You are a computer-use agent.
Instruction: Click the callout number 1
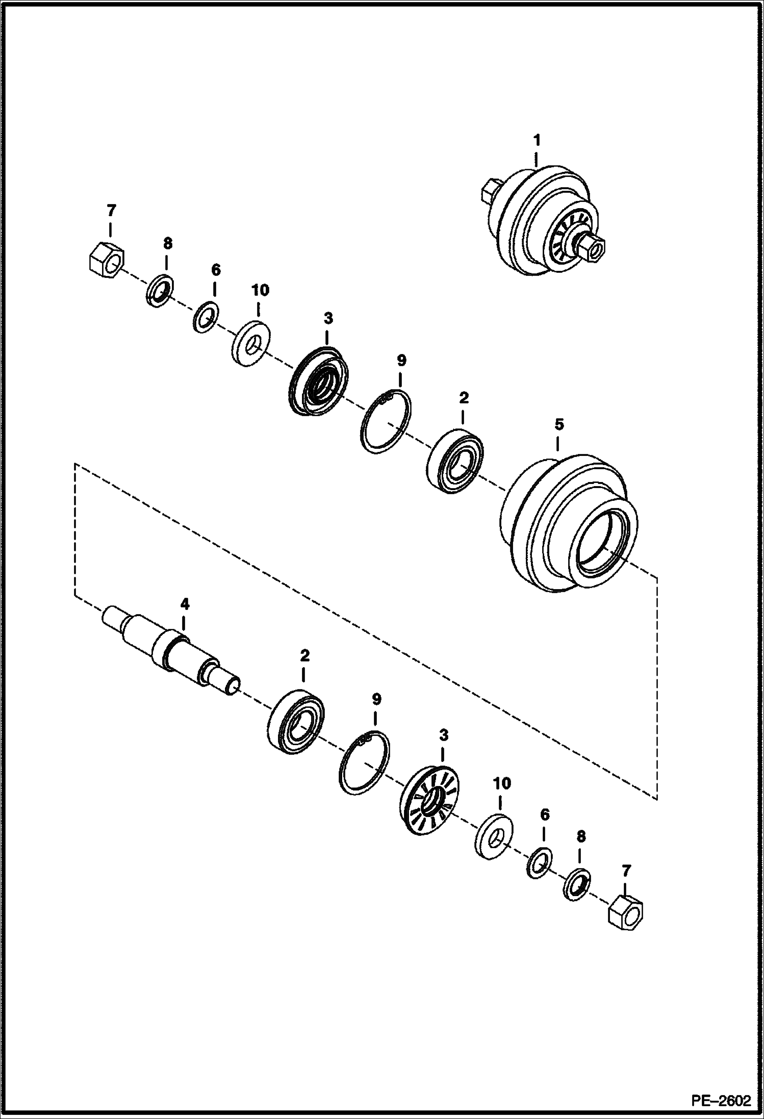tap(536, 139)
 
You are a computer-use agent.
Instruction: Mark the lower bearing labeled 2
tap(296, 721)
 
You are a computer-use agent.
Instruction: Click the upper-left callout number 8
tap(168, 243)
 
